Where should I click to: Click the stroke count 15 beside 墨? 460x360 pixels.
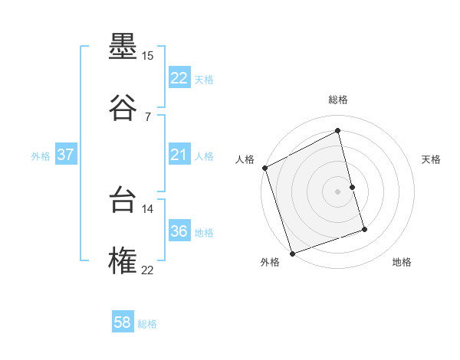click(x=147, y=56)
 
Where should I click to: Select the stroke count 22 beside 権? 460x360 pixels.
click(x=147, y=270)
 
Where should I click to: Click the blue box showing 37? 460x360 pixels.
click(x=65, y=155)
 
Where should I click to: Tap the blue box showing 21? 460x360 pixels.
click(x=179, y=155)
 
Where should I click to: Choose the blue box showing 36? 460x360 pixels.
click(x=179, y=232)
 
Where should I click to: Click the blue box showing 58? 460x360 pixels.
click(x=123, y=323)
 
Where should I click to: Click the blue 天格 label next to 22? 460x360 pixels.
click(x=204, y=80)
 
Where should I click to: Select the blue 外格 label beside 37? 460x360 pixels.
click(x=41, y=156)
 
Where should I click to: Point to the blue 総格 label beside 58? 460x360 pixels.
click(x=147, y=324)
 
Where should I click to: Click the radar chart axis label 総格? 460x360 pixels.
click(x=338, y=100)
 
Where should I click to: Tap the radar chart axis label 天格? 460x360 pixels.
click(x=432, y=159)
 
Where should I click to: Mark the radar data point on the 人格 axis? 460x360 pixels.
click(x=264, y=168)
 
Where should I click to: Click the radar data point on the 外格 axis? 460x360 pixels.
click(x=292, y=253)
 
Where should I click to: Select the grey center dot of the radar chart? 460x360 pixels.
click(x=338, y=191)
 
